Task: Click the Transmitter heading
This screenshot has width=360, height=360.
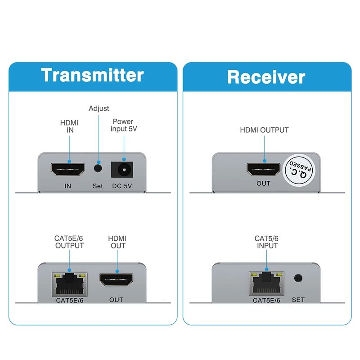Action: tap(92, 75)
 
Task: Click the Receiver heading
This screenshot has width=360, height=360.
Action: tap(266, 76)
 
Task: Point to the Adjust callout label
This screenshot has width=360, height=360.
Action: tap(99, 108)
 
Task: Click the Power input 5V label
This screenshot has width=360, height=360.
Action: tap(123, 125)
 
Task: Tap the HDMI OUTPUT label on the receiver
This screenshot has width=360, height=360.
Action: tap(264, 130)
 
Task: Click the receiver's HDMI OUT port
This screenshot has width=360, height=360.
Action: tap(264, 170)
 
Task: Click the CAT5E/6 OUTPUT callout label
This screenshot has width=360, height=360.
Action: tap(69, 242)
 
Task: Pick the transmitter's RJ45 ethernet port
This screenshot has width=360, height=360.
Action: tap(70, 283)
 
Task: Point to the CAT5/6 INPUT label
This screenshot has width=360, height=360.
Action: tap(266, 242)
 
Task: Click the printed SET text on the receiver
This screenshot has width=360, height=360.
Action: tap(298, 300)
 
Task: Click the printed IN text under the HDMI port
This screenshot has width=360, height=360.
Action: tap(68, 185)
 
